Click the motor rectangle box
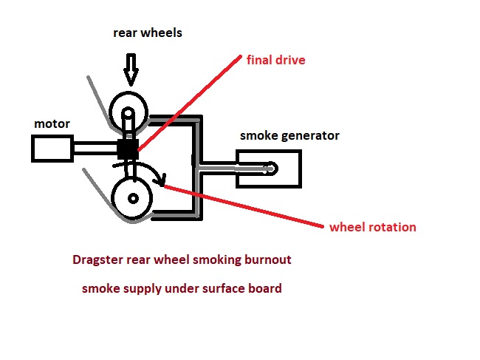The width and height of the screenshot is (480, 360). [52, 148]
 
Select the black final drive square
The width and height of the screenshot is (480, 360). [128, 148]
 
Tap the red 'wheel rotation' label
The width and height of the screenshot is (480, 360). [372, 227]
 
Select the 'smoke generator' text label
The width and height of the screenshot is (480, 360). [289, 135]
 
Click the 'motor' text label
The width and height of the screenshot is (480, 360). [52, 123]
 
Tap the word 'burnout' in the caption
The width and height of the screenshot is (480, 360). [268, 260]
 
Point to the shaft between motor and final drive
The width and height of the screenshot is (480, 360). [94, 148]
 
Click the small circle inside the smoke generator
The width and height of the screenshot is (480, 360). [271, 169]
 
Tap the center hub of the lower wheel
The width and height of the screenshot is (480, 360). [133, 199]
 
